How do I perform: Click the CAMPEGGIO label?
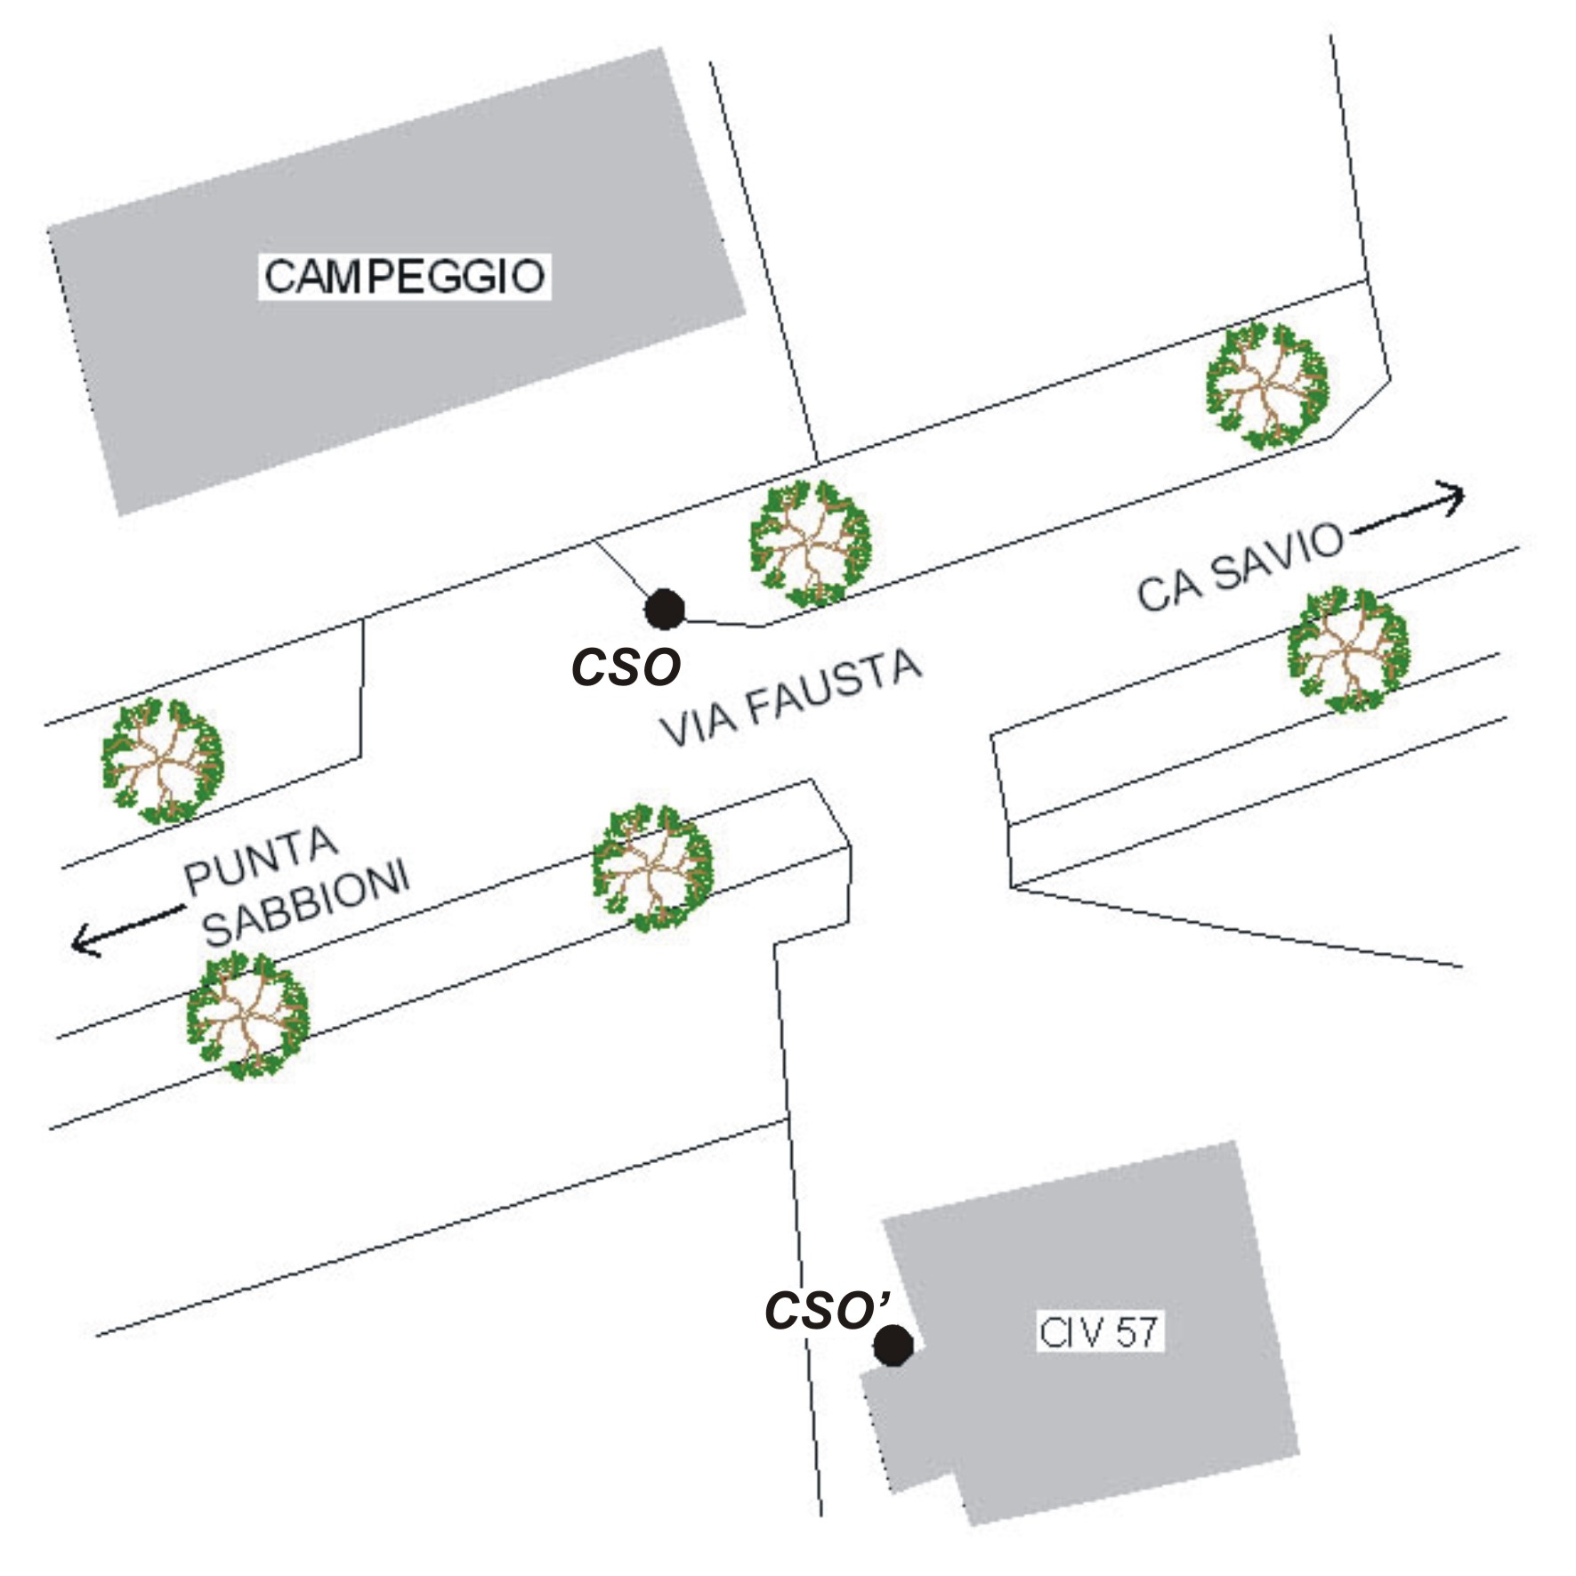tap(404, 276)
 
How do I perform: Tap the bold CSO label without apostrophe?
tap(626, 667)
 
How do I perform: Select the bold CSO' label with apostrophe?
tap(827, 1311)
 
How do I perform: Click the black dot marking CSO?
tap(664, 610)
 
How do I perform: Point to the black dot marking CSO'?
tap(893, 1345)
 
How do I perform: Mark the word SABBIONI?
tap(306, 902)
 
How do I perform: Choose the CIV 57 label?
tap(1099, 1332)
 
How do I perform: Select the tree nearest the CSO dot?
tap(810, 543)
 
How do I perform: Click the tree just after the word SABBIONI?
tap(653, 868)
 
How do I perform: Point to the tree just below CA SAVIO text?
tap(1348, 649)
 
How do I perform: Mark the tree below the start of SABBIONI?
tap(247, 1014)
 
